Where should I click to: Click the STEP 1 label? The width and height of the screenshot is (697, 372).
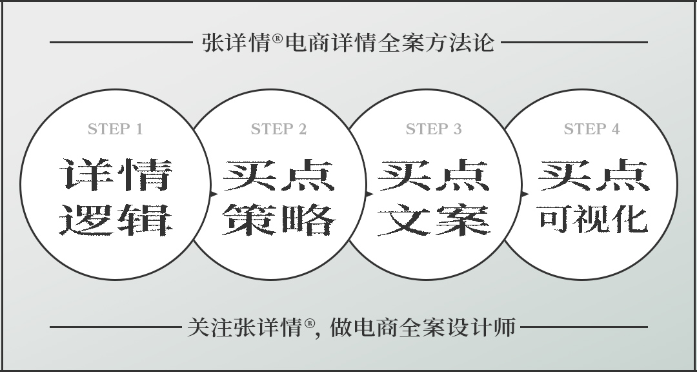[x=115, y=129]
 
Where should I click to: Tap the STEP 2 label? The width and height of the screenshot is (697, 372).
[x=279, y=129]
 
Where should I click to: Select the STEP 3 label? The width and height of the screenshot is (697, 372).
[x=434, y=129]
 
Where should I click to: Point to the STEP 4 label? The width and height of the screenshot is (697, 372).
[x=592, y=129]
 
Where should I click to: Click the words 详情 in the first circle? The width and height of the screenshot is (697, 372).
[x=116, y=175]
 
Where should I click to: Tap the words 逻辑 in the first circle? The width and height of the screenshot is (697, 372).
[x=116, y=220]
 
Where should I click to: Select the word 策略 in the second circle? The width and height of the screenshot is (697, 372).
[x=279, y=220]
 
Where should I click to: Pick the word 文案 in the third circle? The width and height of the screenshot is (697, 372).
[x=434, y=220]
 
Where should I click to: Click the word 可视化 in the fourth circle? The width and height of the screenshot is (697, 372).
[x=592, y=219]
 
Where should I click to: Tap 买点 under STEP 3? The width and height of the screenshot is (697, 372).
[x=434, y=175]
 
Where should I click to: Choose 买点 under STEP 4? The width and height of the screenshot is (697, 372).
[x=594, y=175]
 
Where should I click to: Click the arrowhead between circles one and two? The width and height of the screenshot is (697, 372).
[x=214, y=194]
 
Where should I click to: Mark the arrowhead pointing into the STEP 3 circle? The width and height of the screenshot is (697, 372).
[x=369, y=194]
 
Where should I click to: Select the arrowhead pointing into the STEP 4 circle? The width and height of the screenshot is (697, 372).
[x=525, y=194]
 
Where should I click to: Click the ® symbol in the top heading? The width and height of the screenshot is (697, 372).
[x=278, y=38]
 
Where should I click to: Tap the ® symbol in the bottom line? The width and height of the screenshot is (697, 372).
[x=310, y=323]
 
